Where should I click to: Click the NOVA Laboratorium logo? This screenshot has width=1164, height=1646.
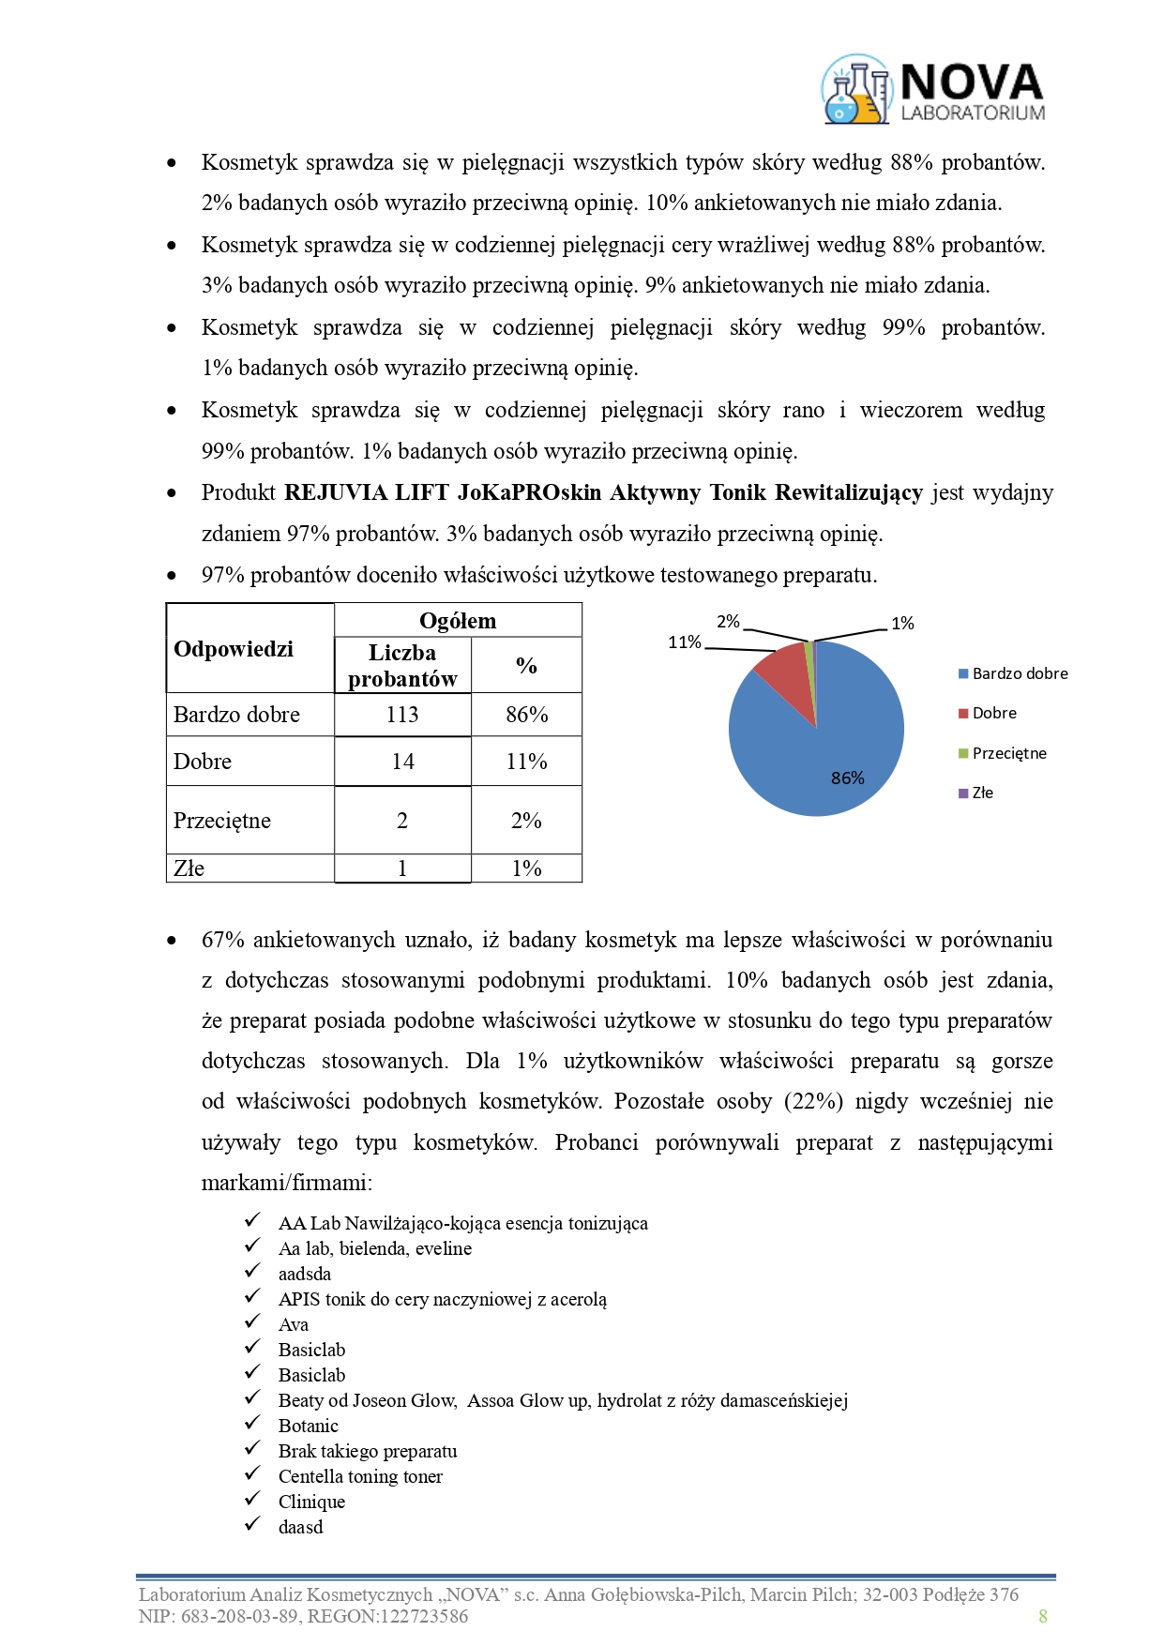(x=933, y=90)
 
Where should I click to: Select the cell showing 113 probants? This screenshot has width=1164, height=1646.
(x=402, y=715)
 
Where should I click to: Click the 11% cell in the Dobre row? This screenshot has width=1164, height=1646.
(x=526, y=762)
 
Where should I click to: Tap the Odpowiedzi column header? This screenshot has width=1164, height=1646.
(x=234, y=649)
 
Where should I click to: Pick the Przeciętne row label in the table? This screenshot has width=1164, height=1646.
(x=222, y=821)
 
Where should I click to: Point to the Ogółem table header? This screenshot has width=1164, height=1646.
(x=458, y=621)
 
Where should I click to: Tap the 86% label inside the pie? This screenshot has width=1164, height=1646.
(x=848, y=778)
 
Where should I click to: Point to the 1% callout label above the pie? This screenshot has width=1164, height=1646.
(x=902, y=623)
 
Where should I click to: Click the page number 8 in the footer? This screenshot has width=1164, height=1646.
(x=1043, y=1615)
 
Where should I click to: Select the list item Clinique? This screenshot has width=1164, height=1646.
(x=311, y=1502)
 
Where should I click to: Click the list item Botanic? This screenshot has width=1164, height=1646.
(x=308, y=1426)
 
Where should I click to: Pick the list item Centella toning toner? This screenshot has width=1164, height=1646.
(x=360, y=1476)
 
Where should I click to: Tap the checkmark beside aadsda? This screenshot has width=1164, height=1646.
(x=252, y=1272)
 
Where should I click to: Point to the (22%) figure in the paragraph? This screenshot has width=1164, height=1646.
(x=814, y=1101)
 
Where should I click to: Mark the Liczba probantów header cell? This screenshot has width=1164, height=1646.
(x=402, y=666)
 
